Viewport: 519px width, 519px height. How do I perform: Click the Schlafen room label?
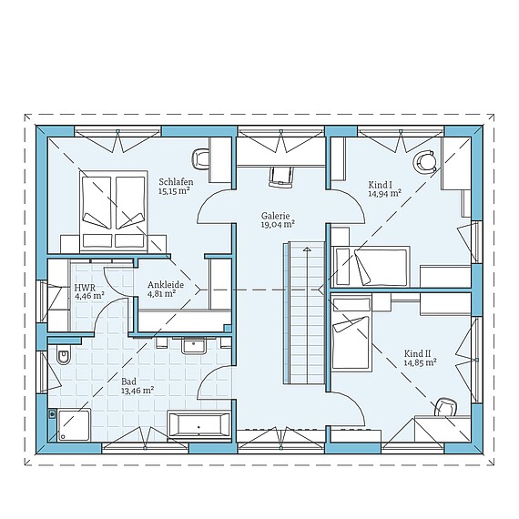(176, 182)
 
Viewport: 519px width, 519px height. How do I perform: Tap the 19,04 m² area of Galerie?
(278, 224)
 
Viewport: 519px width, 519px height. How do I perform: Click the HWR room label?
(85, 287)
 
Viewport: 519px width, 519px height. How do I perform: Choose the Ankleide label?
(166, 285)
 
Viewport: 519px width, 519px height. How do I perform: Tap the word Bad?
(128, 382)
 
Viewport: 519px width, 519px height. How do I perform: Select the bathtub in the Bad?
(198, 424)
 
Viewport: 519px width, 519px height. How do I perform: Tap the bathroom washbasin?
(194, 346)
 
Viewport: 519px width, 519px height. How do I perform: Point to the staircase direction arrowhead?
(307, 249)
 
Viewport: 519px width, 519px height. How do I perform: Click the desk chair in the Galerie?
(280, 177)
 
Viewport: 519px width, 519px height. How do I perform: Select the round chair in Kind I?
(424, 161)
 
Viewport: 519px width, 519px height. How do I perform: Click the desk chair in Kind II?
(446, 407)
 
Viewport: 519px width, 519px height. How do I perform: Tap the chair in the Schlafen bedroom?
(200, 159)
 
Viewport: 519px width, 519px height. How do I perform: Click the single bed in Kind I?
(371, 267)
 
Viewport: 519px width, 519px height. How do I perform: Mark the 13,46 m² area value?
(137, 391)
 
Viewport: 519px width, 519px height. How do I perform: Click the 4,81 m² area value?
(162, 293)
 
